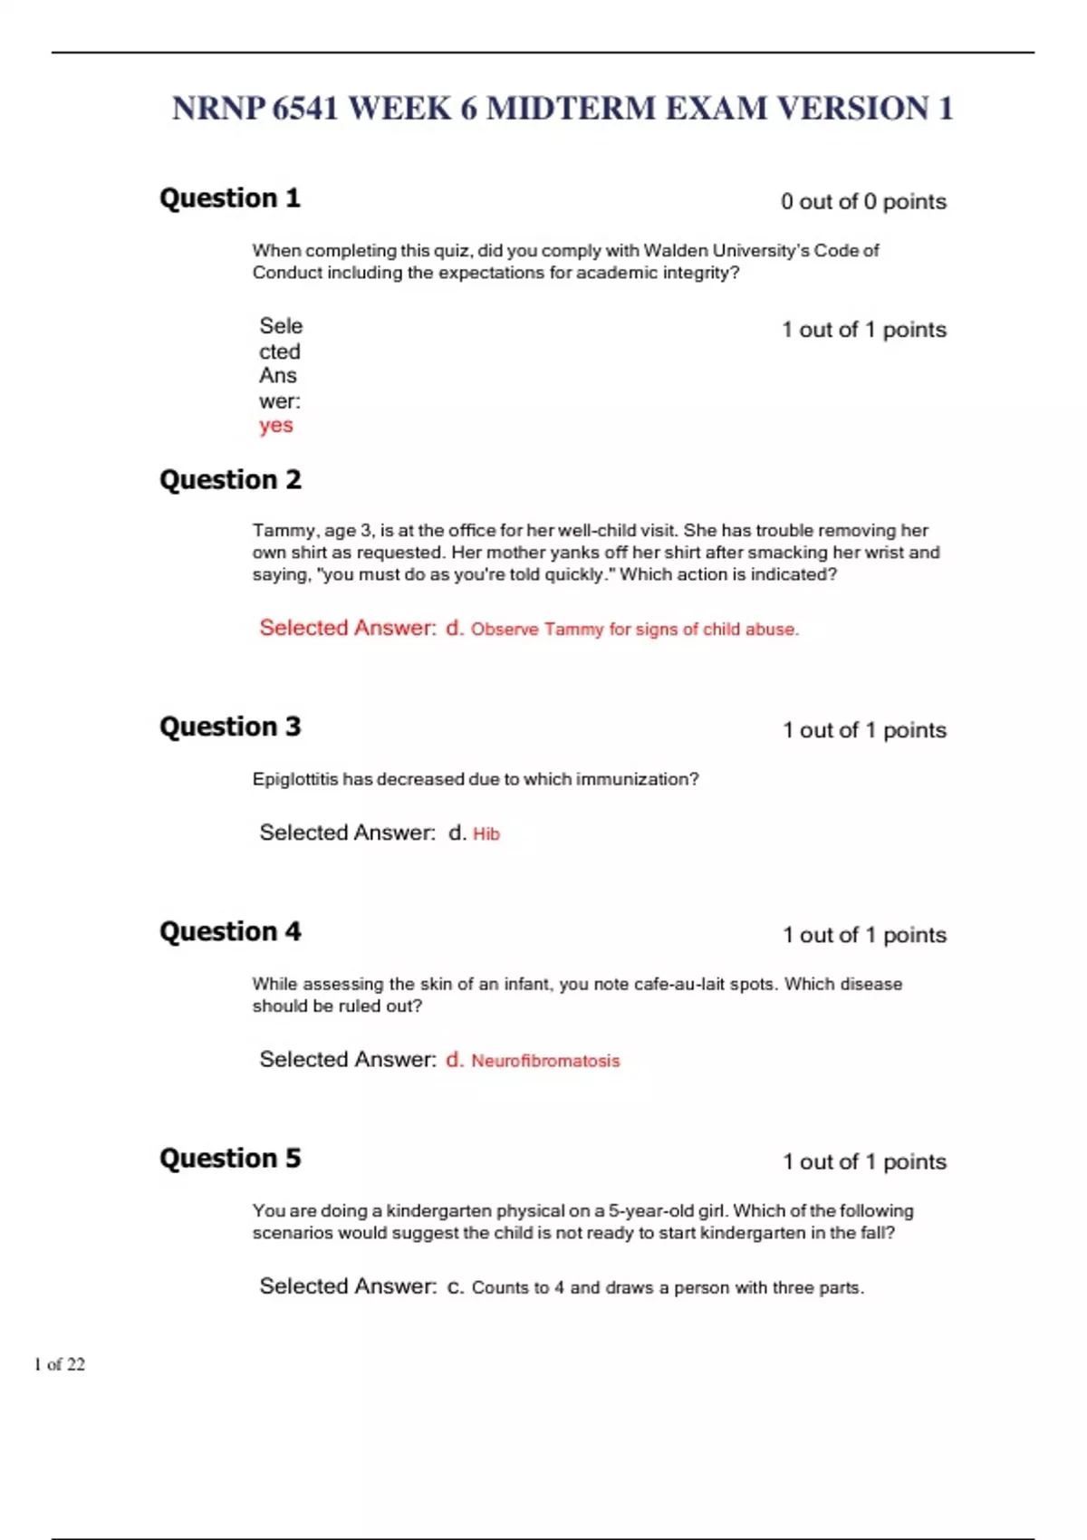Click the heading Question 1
tap(229, 198)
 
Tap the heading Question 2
tap(230, 480)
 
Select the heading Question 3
tap(230, 727)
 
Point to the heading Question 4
tap(230, 931)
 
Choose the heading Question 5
tap(230, 1158)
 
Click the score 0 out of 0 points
tap(863, 202)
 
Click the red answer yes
tap(276, 426)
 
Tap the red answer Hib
tap(486, 834)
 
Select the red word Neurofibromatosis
tap(545, 1061)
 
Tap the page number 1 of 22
tap(60, 1364)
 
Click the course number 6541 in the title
tap(305, 109)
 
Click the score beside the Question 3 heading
tap(864, 730)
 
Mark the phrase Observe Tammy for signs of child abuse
tap(634, 630)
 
